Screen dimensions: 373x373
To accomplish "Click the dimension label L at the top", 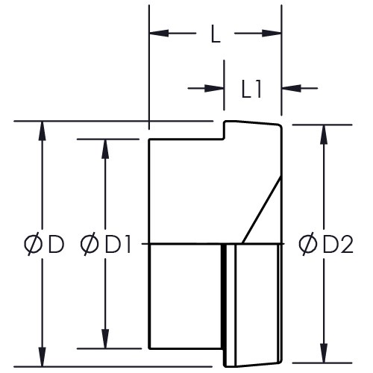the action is coord(216,34).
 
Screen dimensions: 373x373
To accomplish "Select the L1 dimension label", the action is coord(251,90).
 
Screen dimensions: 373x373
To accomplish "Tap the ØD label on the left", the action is coord(44,245).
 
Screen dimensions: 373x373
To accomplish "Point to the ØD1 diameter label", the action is coord(105,245).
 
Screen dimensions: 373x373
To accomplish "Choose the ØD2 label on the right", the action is coord(326,245).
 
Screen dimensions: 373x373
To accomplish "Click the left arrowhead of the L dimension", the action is coord(159,33).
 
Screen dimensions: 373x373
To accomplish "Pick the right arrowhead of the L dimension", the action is coord(272,33).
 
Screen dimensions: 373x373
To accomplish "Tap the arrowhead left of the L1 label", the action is coord(214,88).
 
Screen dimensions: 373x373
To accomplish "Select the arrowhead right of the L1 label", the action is coord(292,88).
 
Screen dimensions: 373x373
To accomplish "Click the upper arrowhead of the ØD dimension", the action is coord(43,131).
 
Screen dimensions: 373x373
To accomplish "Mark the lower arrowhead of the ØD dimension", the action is coord(43,357).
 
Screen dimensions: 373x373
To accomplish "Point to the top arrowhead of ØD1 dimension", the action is coord(105,149).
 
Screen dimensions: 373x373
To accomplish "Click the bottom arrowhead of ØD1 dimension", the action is coord(105,339).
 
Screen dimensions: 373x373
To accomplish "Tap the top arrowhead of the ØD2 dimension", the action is coord(323,134).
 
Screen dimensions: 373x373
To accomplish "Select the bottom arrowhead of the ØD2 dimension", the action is coord(323,353).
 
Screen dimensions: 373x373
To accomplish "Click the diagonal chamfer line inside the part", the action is coord(262,210).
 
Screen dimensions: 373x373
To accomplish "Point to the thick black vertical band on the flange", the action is coord(224,305).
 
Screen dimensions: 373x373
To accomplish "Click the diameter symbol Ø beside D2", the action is coord(308,245).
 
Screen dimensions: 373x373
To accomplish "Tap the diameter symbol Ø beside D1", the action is coord(90,245).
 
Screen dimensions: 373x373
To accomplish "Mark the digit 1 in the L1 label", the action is coord(258,90).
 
